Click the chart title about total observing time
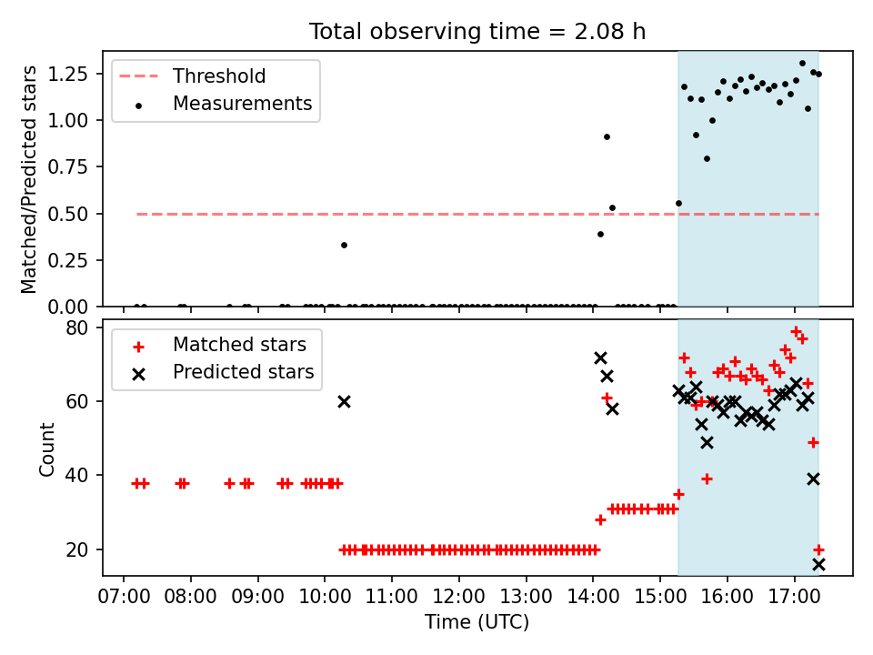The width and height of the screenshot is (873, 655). pos(477,31)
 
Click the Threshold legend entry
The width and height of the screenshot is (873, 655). pos(193,76)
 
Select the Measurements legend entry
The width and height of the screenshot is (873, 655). pos(222,104)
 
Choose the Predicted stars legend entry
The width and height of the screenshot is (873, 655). pos(223,372)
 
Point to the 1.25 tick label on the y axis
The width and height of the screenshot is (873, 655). pos(68,74)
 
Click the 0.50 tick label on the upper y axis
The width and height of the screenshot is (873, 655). pos(68,214)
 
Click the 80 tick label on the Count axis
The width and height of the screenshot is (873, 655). pos(76,327)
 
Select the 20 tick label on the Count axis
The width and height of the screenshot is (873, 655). pos(76,549)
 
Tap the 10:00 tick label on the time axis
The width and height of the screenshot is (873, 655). pos(325,597)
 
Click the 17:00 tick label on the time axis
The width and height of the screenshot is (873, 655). pos(795,597)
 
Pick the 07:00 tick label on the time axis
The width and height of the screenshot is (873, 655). pos(124,597)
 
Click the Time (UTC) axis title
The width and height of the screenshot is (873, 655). pos(477,621)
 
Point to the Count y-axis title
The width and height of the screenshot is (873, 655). pos(46,448)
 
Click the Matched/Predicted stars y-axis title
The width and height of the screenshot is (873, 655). pos(28,179)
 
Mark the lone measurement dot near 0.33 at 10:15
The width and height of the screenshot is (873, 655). pos(344,245)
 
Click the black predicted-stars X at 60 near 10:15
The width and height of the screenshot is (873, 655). pos(344,401)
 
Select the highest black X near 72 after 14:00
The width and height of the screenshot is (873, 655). pos(600,358)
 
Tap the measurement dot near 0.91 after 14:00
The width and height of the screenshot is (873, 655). pos(607,137)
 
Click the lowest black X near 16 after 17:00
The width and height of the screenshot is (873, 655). pos(818,565)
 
